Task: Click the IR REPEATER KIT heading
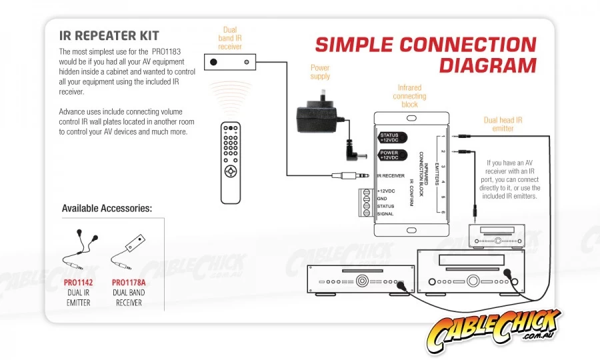(x=109, y=35)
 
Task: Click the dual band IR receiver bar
(x=230, y=62)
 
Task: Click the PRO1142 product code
(x=78, y=283)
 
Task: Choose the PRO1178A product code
(x=129, y=283)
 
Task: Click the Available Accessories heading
(x=107, y=209)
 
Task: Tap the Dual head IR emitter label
(x=503, y=124)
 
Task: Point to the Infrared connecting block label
(x=409, y=96)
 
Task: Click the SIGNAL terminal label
(x=385, y=214)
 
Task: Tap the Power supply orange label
(x=320, y=72)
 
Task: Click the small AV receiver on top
(x=497, y=235)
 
